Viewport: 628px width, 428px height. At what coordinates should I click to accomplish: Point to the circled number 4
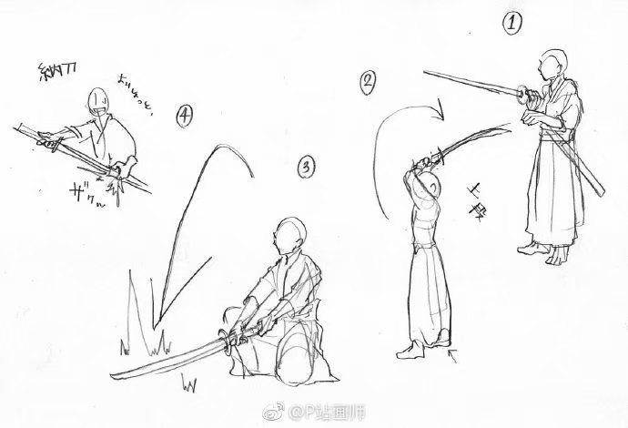tap(185, 116)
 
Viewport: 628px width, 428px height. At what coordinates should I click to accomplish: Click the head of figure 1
tap(547, 64)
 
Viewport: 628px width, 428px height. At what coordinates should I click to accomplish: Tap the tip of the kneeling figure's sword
tap(111, 372)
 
